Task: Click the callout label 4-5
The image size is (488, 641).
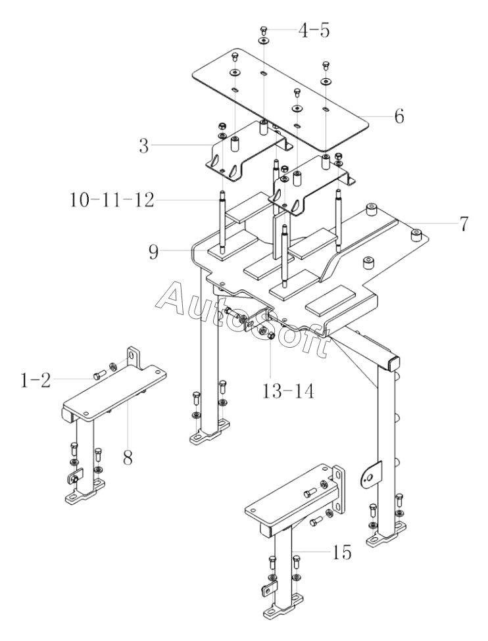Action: click(x=313, y=31)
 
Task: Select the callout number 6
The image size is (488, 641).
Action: click(x=399, y=116)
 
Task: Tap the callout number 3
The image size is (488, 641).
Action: click(x=143, y=145)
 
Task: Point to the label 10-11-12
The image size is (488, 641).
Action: click(x=112, y=200)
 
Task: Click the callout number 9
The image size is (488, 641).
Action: click(x=153, y=252)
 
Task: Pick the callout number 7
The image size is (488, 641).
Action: click(x=462, y=224)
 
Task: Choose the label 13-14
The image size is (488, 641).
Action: click(x=288, y=391)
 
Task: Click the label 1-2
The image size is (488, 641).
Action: click(x=36, y=381)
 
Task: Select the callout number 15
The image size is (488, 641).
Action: click(x=341, y=553)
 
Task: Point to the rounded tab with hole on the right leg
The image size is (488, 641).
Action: click(x=371, y=475)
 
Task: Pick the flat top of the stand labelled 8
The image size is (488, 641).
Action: click(x=114, y=392)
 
